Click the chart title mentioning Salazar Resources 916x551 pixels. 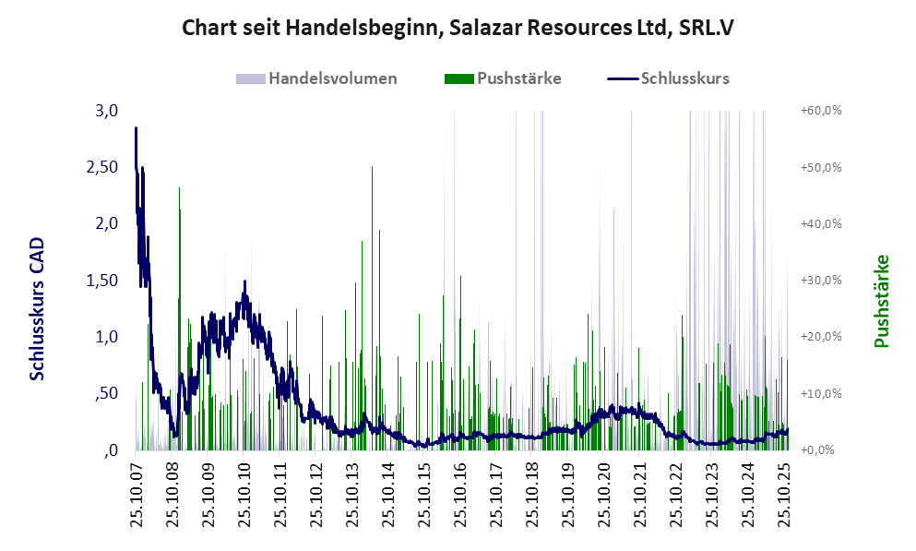(458, 28)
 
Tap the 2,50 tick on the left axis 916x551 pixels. (101, 167)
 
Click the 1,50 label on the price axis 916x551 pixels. (101, 281)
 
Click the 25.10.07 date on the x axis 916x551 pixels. (137, 494)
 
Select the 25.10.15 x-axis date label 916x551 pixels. (424, 494)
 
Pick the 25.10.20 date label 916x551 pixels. (604, 494)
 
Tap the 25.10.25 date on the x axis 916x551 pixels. (785, 494)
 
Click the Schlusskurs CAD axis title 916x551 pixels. (38, 308)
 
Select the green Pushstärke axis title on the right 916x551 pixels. (881, 301)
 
